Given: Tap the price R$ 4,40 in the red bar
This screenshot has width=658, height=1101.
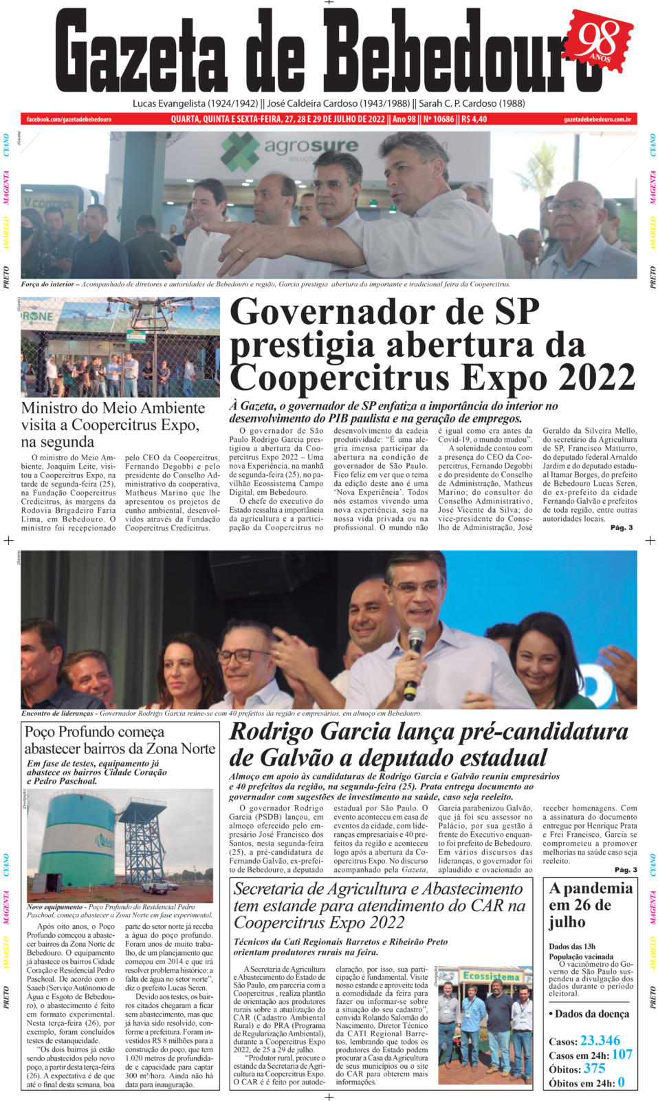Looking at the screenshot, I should (x=474, y=119).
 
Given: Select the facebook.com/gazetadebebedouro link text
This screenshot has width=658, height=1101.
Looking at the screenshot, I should (x=69, y=119).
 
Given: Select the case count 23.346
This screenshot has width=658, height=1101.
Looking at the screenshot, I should (x=600, y=1040).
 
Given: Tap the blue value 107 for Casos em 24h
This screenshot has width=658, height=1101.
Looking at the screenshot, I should (x=622, y=1054).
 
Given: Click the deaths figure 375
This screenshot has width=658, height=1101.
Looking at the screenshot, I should (x=594, y=1069).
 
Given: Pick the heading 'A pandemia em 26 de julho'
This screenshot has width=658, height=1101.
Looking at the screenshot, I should (x=590, y=905).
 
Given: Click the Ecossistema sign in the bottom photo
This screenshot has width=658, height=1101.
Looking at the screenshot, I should (x=492, y=976).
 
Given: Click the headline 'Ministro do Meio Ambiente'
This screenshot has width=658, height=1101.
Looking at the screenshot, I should (x=113, y=408).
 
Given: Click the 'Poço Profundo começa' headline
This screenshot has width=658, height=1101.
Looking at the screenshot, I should (x=95, y=731).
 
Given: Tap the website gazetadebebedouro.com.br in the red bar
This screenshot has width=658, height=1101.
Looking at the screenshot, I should (x=597, y=119).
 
